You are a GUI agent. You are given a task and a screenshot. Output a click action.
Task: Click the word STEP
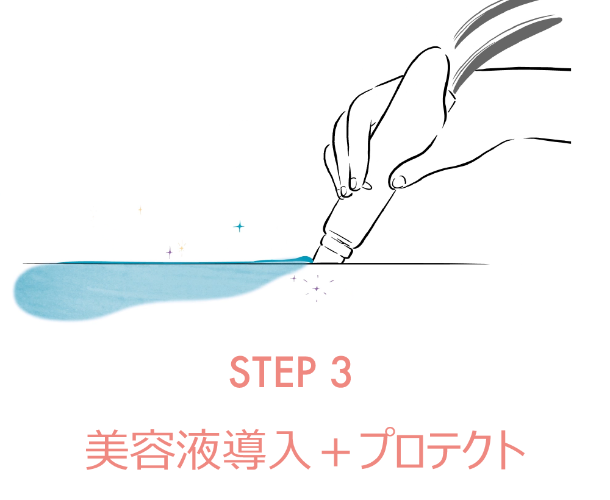(x=273, y=372)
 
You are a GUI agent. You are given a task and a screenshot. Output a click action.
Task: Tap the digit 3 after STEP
(x=341, y=372)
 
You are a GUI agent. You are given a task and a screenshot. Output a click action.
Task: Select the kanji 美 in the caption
(x=107, y=450)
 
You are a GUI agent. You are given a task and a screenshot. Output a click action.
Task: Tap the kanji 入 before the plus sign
(x=289, y=450)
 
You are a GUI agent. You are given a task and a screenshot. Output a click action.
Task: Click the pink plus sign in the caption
(x=336, y=452)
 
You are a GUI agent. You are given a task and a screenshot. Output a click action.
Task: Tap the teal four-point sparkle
(x=239, y=226)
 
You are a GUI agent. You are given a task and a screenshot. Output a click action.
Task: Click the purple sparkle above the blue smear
(x=169, y=252)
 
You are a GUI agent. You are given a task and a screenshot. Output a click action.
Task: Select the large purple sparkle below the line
(x=317, y=288)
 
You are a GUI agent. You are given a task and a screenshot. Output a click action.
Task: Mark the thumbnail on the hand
(x=398, y=181)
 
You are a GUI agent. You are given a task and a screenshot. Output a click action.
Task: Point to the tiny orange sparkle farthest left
(x=140, y=210)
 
